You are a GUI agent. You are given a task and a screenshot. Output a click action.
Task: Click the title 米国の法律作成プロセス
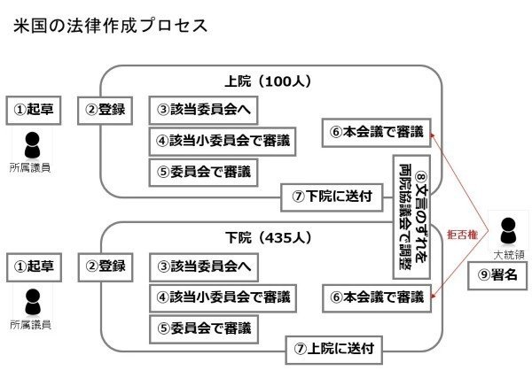111,25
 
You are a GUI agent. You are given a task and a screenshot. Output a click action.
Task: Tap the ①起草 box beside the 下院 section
34,266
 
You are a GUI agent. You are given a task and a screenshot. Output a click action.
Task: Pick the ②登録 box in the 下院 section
106,266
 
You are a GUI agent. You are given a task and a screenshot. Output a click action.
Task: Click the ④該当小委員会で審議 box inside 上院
220,140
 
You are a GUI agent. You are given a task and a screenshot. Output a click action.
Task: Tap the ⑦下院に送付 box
332,197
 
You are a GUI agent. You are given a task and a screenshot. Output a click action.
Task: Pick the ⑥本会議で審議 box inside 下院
377,296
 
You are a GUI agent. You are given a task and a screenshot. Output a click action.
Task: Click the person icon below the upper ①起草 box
34,143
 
